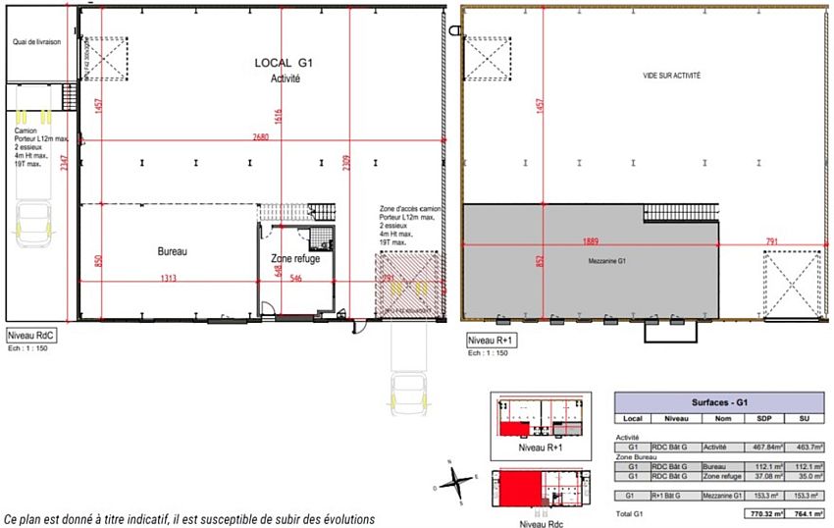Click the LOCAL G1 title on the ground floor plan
(x=284, y=63)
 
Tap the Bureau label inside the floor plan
(x=172, y=251)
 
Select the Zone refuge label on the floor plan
(x=295, y=258)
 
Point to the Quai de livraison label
(x=37, y=42)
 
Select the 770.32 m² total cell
(x=756, y=514)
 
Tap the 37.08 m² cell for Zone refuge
(x=757, y=476)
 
